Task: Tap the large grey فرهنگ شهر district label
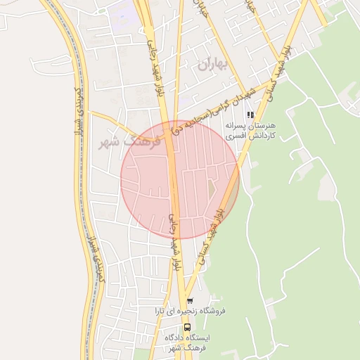pos(131,141)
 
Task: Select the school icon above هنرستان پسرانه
pos(250,115)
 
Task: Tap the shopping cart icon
pos(190,300)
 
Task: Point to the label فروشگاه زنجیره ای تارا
pos(189,311)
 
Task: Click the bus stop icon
pos(186,327)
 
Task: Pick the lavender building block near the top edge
pos(124,12)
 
